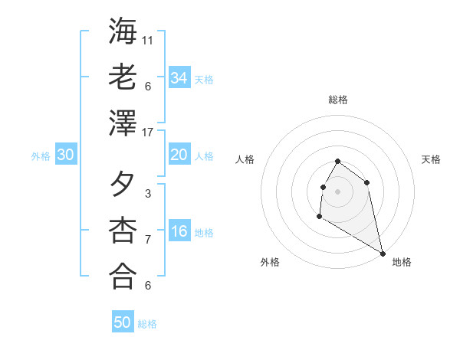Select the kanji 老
(123, 77)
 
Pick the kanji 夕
(123, 184)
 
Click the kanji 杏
(123, 230)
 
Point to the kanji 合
(123, 276)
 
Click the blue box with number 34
(179, 78)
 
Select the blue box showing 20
(179, 155)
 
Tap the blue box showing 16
(179, 232)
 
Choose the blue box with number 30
(66, 155)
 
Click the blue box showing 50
(123, 322)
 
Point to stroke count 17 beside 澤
(148, 133)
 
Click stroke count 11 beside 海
(148, 40)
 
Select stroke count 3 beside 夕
(148, 194)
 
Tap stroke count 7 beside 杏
(148, 240)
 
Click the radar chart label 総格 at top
(338, 100)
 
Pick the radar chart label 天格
(431, 159)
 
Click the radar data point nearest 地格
(383, 254)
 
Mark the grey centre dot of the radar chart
(338, 191)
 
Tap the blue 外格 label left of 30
(41, 155)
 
